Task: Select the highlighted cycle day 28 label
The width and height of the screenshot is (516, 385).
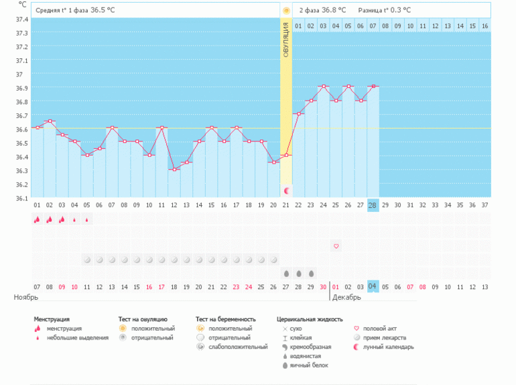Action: pos(373,205)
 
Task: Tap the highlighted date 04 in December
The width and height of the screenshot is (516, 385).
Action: pos(373,286)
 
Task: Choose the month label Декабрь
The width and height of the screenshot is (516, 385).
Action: pos(346,296)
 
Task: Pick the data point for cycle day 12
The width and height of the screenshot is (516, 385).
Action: pos(174,169)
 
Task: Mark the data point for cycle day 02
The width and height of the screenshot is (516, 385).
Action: pos(49,121)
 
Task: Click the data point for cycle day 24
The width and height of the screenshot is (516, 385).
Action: pos(323,86)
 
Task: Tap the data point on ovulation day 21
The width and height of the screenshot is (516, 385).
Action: pos(286,155)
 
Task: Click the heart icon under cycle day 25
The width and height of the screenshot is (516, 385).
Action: pos(336,246)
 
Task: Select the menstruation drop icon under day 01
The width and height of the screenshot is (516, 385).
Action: pos(37,219)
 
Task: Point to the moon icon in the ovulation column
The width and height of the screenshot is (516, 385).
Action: pos(286,191)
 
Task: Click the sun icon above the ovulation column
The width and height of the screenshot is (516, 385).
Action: pos(286,11)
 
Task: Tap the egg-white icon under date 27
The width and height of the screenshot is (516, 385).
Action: pos(286,273)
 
